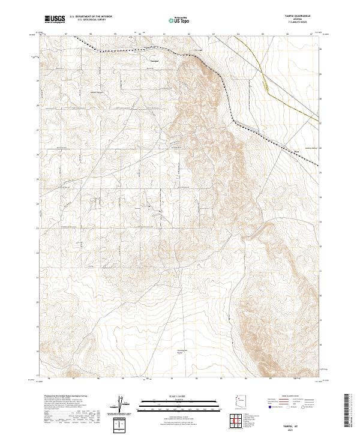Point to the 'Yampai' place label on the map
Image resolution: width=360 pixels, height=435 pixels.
154,61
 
